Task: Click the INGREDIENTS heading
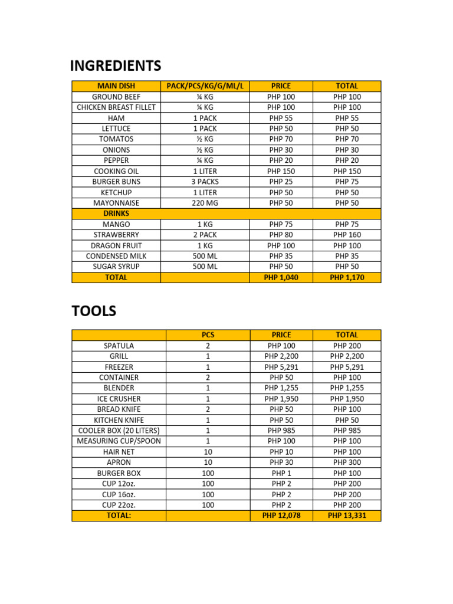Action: (x=116, y=65)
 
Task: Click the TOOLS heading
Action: (x=94, y=311)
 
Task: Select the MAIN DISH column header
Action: (x=116, y=86)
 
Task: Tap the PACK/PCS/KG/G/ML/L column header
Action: (x=205, y=86)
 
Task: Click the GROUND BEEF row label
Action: (x=116, y=97)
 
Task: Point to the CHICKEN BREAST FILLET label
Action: (x=116, y=107)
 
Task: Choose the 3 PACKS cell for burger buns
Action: (x=205, y=182)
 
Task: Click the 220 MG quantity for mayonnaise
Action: (x=205, y=203)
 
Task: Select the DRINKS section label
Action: (x=116, y=214)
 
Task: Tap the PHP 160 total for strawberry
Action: (x=347, y=235)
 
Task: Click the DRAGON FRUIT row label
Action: (x=116, y=245)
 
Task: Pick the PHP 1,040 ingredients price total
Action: (x=281, y=277)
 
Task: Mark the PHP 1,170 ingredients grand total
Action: (x=347, y=277)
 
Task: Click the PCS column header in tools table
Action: (x=208, y=335)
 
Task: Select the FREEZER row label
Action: (x=119, y=367)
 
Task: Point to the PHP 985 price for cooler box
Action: (x=281, y=431)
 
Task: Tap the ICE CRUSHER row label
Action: (x=119, y=399)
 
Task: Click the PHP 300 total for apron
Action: (x=347, y=462)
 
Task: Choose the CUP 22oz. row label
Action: (x=119, y=505)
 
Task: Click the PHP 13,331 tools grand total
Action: (x=347, y=516)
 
